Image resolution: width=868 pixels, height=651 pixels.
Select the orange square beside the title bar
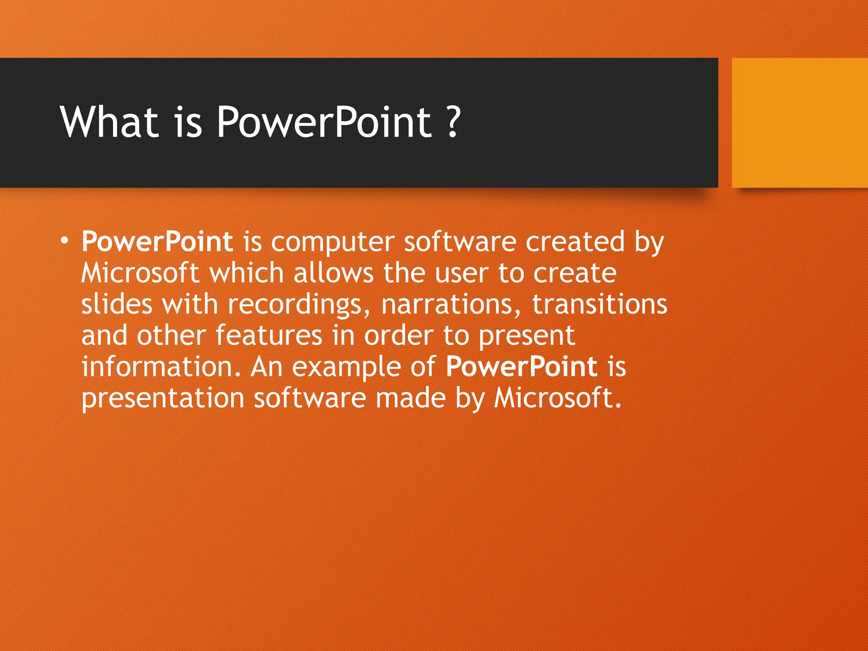click(799, 123)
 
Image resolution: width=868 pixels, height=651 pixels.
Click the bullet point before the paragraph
click(64, 241)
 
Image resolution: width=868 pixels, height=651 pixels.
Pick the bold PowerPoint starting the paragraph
click(157, 242)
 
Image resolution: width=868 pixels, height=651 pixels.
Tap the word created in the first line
click(575, 242)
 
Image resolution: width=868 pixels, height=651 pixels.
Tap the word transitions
click(600, 304)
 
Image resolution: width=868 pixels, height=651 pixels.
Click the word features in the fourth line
click(269, 335)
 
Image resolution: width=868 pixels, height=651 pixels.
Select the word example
click(346, 367)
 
